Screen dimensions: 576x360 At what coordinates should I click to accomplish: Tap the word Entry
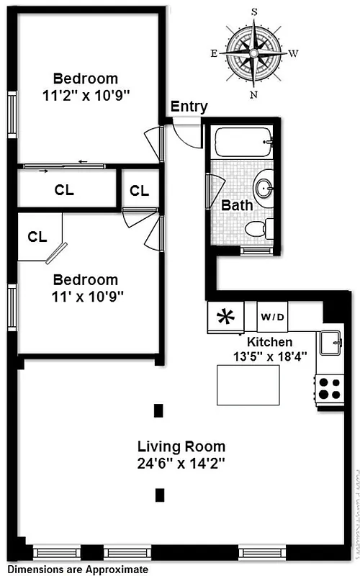[x=189, y=107]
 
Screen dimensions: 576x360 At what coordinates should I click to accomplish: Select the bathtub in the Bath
[x=239, y=142]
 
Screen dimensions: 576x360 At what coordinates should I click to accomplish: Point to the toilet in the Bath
[x=257, y=229]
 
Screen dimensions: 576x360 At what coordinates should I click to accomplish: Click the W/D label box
[x=272, y=317]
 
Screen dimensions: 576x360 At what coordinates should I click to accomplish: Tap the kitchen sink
[x=332, y=344]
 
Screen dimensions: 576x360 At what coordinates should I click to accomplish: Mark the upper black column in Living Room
[x=158, y=411]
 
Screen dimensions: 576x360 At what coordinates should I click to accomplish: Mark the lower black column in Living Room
[x=159, y=495]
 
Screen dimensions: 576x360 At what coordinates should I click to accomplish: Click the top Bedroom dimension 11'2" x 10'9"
[x=86, y=94]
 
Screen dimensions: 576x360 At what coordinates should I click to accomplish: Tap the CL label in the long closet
[x=65, y=191]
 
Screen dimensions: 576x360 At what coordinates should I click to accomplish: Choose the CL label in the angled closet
[x=37, y=235]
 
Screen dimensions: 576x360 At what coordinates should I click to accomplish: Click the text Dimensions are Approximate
[x=78, y=570]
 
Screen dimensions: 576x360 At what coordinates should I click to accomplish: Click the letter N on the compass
[x=254, y=94]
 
